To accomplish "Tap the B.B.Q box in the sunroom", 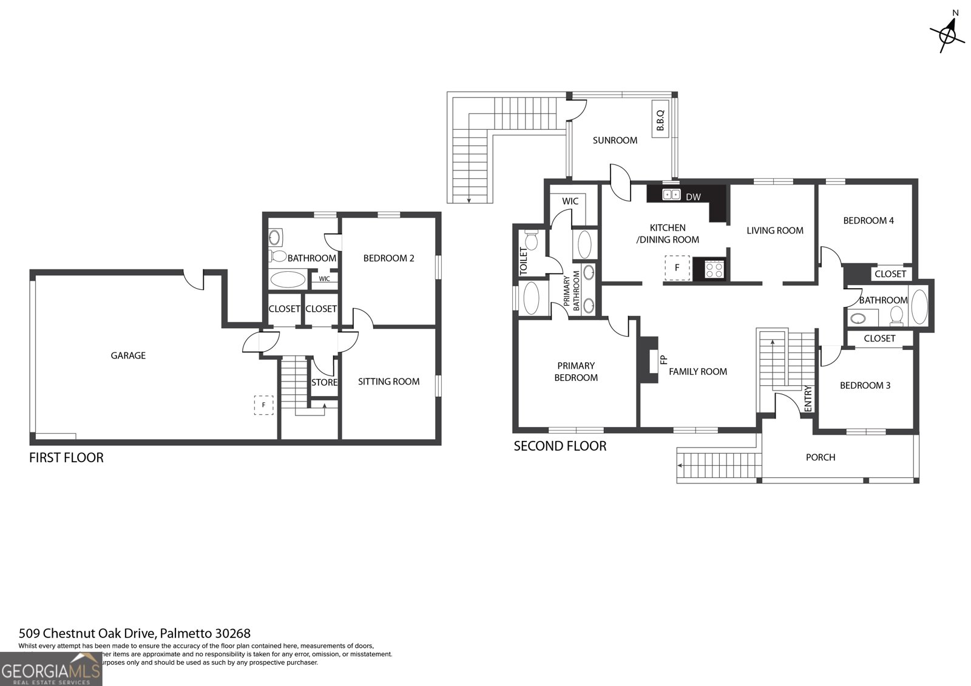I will point(660,120).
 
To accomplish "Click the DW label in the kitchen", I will point(692,197).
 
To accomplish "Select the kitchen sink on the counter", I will point(671,195).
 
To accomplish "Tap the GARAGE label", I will point(128,355).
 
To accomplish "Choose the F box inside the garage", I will point(263,405).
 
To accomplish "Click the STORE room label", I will point(324,382).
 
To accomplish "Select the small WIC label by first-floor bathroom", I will point(324,279).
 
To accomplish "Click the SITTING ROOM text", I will point(388,382).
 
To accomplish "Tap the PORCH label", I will point(820,457).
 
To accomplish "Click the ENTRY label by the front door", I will point(807,399).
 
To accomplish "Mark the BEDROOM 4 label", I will point(868,221).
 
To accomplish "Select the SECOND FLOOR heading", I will point(560,446).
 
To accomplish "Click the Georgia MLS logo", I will point(51,670).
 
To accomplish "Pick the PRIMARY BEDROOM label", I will point(575,371).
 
